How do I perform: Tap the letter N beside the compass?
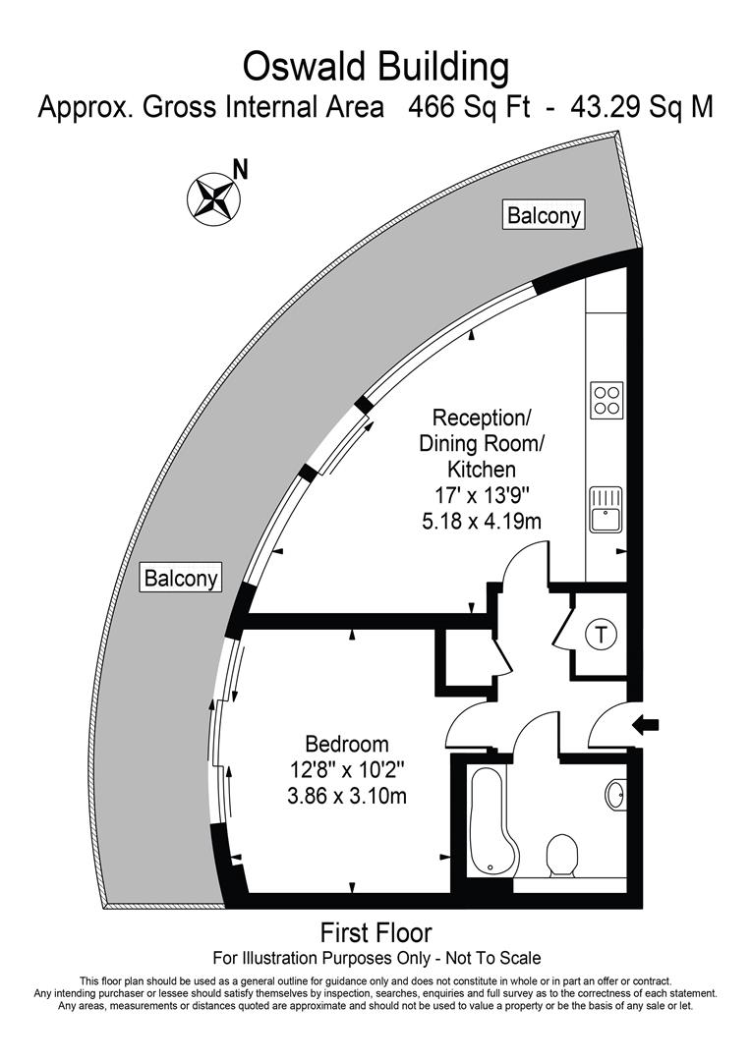click(x=240, y=169)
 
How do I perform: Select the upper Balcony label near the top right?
click(x=544, y=215)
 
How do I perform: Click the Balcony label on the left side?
click(x=182, y=578)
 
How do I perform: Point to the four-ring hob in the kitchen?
click(x=607, y=399)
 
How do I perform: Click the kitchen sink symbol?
click(x=606, y=507)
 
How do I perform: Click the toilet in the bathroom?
click(x=562, y=855)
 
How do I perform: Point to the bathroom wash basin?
click(x=615, y=794)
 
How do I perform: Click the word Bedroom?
click(x=346, y=745)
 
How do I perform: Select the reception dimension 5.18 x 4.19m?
click(x=481, y=521)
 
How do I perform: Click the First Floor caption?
click(x=375, y=932)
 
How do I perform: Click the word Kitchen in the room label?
click(x=481, y=470)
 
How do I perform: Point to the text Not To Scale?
click(x=491, y=957)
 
